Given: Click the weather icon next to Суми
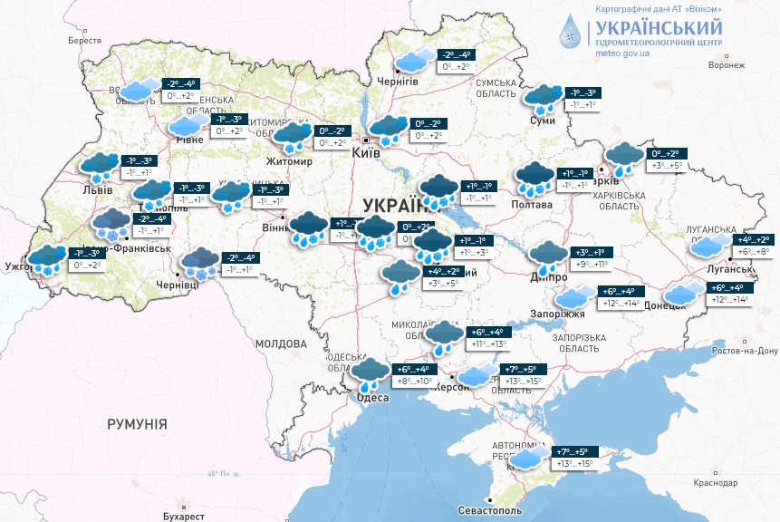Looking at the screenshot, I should (x=543, y=96).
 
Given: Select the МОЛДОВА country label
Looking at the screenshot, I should (x=281, y=344).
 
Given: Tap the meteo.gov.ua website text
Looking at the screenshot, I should (x=623, y=53).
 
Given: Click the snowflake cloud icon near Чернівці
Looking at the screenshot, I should (x=199, y=263).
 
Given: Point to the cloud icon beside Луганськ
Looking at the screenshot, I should (x=708, y=246).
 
